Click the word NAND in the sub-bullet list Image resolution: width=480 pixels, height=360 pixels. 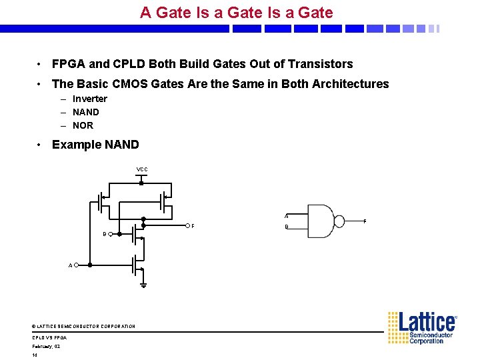click(85, 112)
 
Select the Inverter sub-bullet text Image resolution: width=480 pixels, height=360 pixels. click(89, 99)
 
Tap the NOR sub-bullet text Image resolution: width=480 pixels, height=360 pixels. click(83, 125)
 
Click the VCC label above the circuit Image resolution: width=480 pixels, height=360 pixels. click(142, 169)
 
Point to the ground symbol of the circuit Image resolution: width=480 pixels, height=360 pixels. click(143, 285)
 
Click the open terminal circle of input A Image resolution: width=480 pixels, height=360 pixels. click(77, 265)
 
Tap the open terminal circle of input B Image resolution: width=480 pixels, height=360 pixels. click(110, 234)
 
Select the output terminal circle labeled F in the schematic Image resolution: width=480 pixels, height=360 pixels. click(187, 225)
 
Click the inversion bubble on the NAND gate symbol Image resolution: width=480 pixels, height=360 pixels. click(339, 221)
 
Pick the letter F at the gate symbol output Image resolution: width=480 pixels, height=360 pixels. click(364, 221)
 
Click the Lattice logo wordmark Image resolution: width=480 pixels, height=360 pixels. click(427, 323)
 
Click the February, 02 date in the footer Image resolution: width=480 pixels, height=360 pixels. click(46, 346)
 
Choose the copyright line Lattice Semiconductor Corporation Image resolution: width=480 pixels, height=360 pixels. click(83, 326)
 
